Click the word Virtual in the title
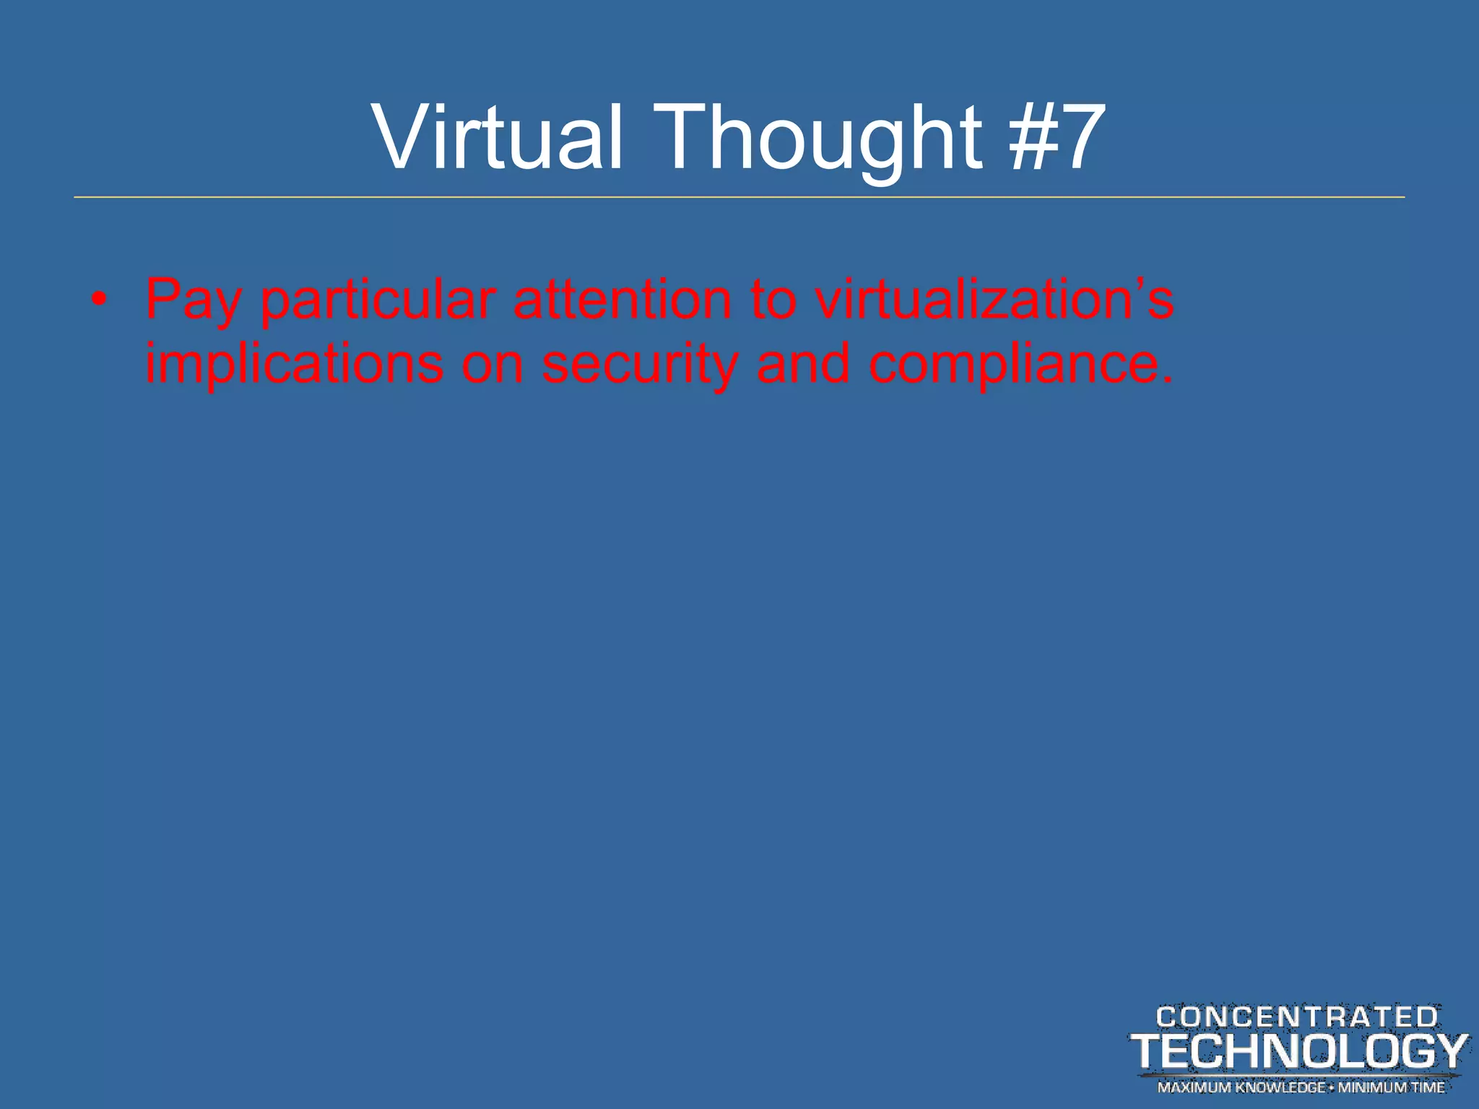[x=496, y=136]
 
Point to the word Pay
[x=193, y=300]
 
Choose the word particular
[x=378, y=300]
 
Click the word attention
[x=623, y=299]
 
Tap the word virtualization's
[x=994, y=299]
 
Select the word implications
[x=294, y=364]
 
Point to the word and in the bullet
[x=803, y=363]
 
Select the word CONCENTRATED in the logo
[x=1297, y=1017]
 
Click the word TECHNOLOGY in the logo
[x=1299, y=1051]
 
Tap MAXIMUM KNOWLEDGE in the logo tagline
[x=1241, y=1087]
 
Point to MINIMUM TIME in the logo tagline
[x=1392, y=1087]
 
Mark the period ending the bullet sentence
[x=1168, y=379]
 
